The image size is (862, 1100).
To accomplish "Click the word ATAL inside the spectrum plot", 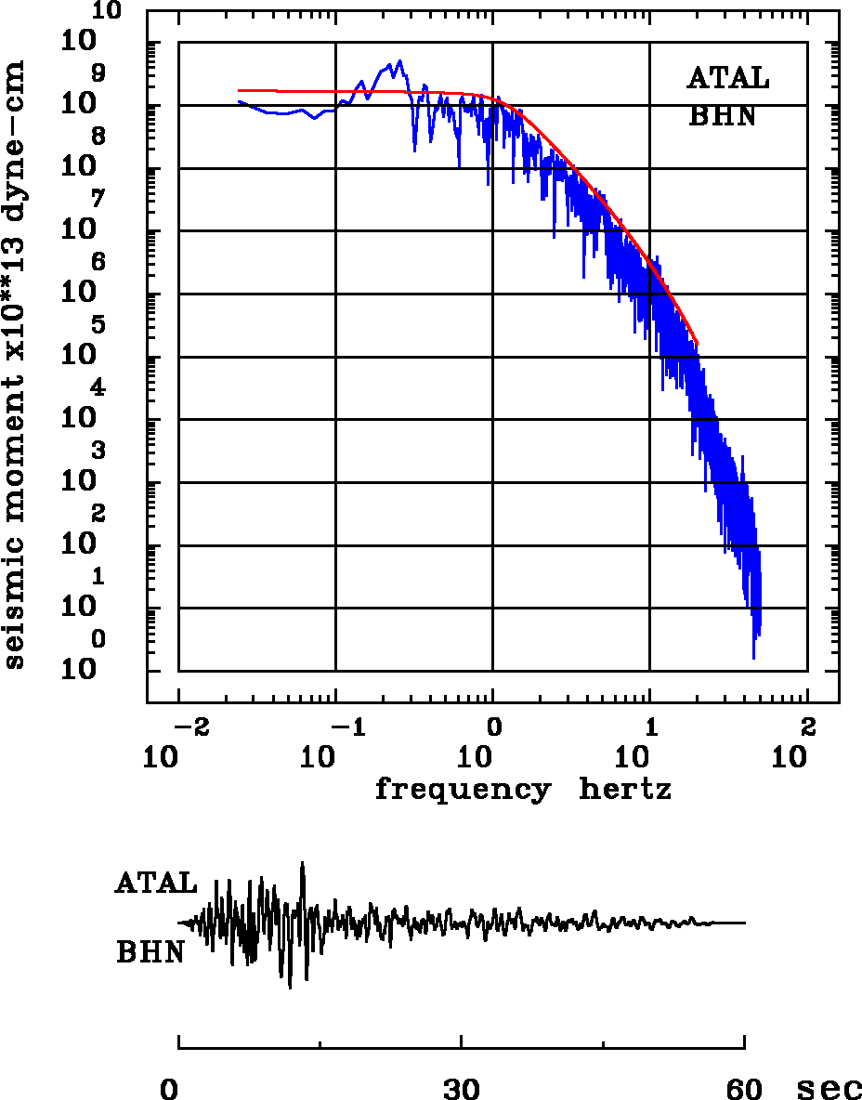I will click(728, 78).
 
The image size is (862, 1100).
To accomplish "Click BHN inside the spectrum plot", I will click(722, 116).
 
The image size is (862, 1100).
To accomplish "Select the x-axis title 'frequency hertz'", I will click(523, 790).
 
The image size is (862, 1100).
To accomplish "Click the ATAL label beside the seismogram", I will click(156, 884).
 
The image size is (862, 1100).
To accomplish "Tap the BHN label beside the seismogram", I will click(150, 952).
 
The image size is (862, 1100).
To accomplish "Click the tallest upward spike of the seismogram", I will click(302, 863).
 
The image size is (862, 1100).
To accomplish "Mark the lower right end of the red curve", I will click(697, 343).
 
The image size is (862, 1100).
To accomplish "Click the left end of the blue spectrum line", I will click(239, 101).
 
